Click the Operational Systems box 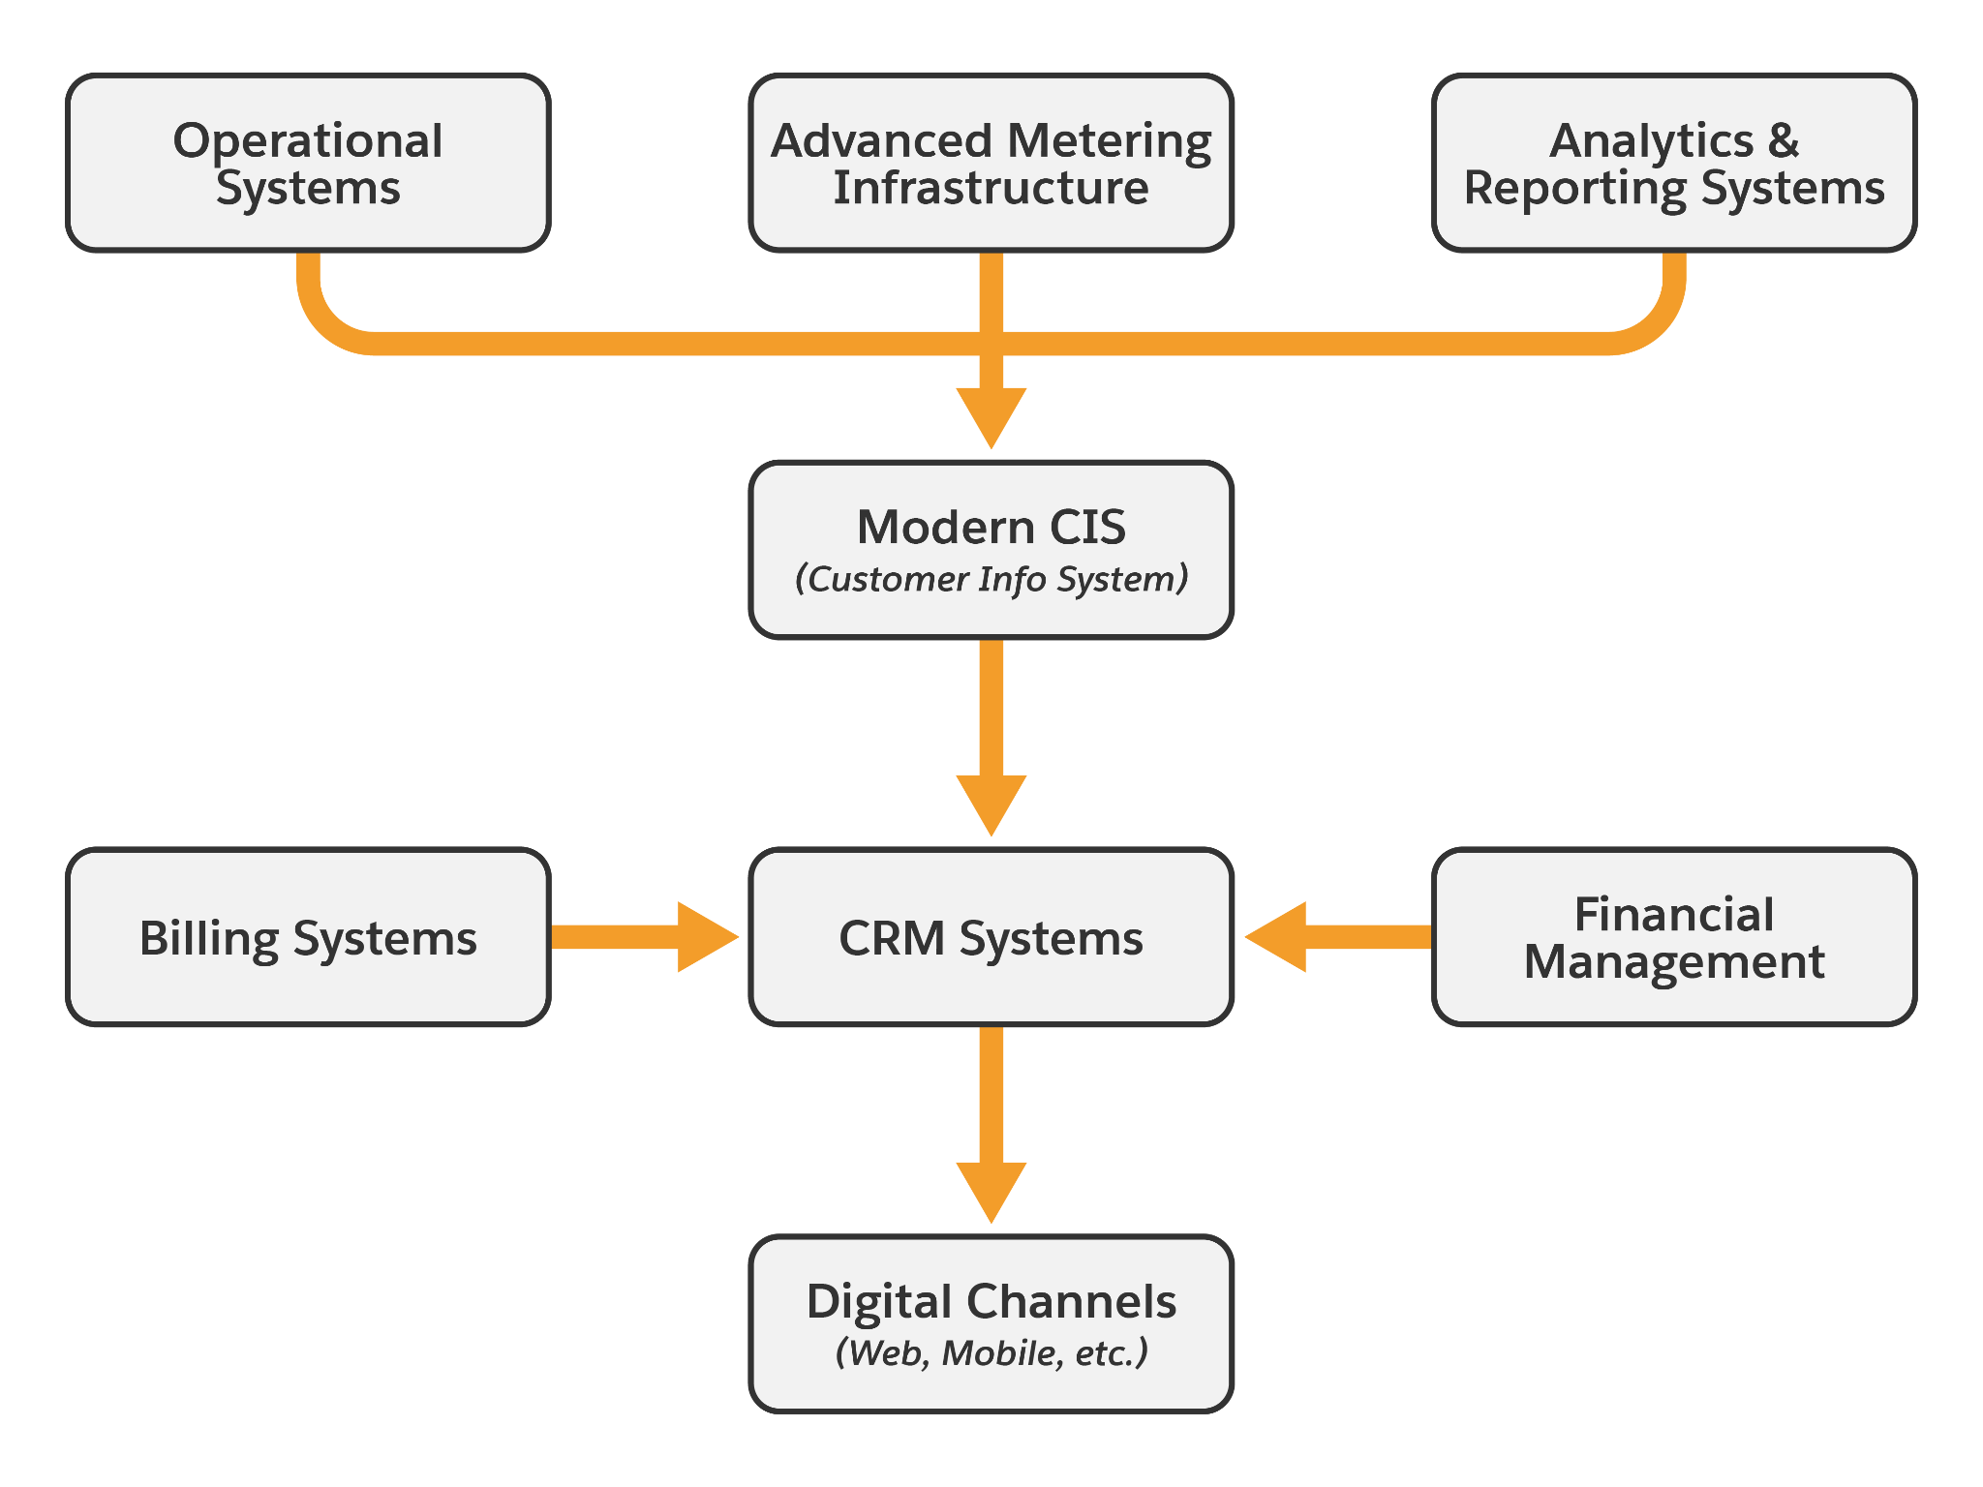click(308, 163)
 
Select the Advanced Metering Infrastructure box click(991, 163)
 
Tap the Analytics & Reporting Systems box click(1674, 163)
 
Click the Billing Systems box click(308, 937)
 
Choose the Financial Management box click(1674, 937)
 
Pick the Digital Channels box click(991, 1324)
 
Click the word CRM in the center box click(891, 938)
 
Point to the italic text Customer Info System click(991, 579)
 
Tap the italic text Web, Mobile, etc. click(991, 1352)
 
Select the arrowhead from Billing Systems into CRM click(705, 937)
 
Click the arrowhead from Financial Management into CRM click(1278, 937)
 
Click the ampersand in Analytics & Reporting click(1783, 141)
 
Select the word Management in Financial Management click(1674, 961)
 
